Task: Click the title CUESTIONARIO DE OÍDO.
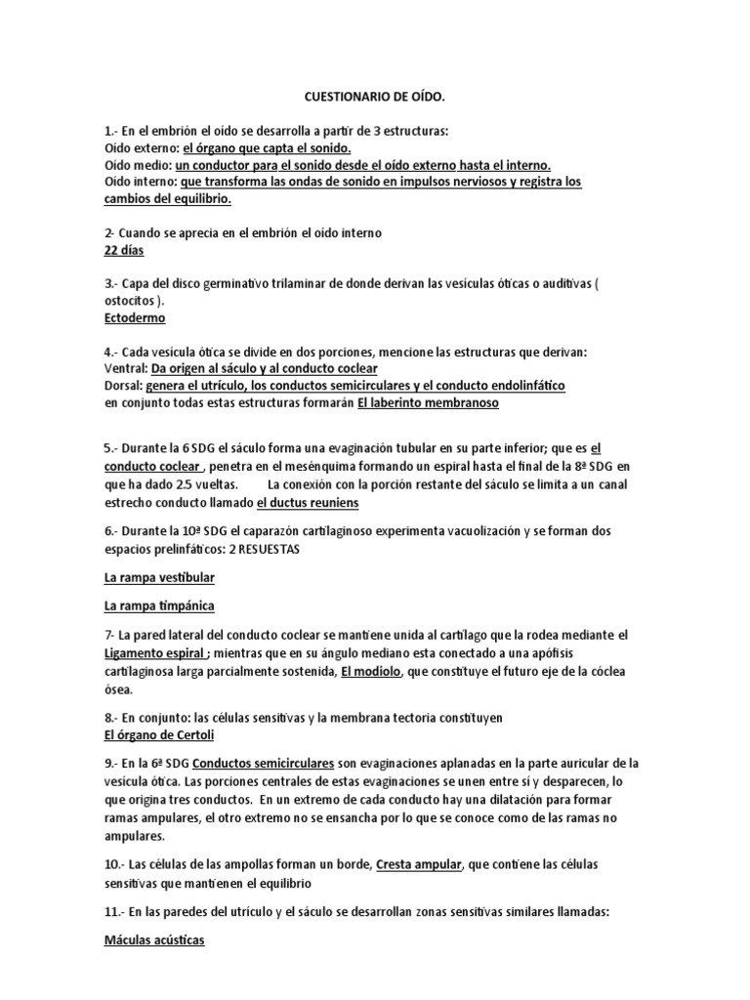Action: (x=374, y=98)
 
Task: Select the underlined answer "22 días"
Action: (x=123, y=251)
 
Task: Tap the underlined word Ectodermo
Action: (x=135, y=317)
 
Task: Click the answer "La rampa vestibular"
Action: (x=159, y=578)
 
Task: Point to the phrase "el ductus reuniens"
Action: (x=308, y=502)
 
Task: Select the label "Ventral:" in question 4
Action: (x=125, y=368)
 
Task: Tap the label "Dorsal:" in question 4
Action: (x=122, y=385)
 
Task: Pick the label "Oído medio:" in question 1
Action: (x=138, y=165)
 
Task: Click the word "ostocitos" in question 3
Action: (x=133, y=301)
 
